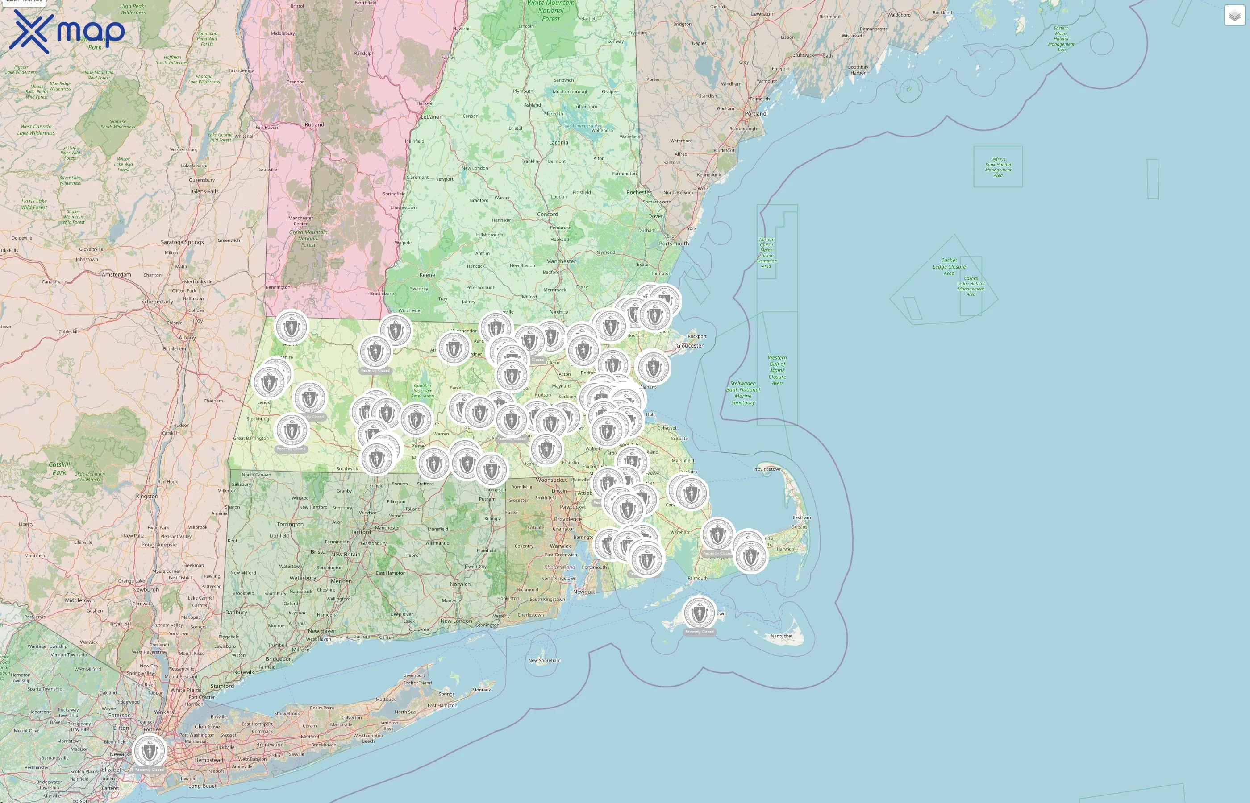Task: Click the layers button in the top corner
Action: tap(1234, 16)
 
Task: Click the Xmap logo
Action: tap(67, 31)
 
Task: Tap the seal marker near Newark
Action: tap(149, 751)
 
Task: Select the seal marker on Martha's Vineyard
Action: tap(699, 613)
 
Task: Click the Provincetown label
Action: tap(767, 469)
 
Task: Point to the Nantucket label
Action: tap(781, 636)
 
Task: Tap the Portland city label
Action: tap(755, 113)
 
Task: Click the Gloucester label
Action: tap(689, 345)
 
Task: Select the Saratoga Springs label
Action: tap(182, 242)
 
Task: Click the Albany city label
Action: tap(187, 337)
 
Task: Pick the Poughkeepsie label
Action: tap(158, 544)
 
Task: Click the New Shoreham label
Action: tap(544, 660)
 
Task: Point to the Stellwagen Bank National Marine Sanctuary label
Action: tap(742, 393)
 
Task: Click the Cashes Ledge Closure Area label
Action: tap(949, 266)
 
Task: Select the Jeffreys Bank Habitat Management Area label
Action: tap(997, 167)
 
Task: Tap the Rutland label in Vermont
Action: tap(314, 124)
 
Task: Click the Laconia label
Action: tap(558, 142)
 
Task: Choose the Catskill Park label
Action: tap(59, 468)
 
